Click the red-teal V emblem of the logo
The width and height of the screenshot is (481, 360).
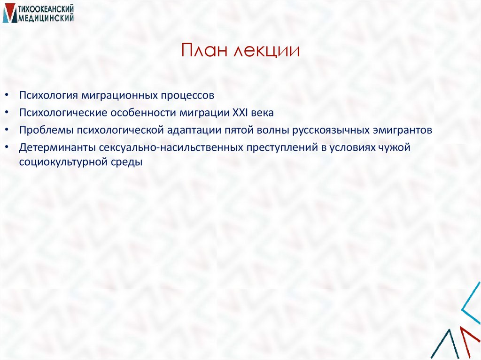click(x=9, y=14)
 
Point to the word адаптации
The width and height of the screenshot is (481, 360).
click(x=194, y=130)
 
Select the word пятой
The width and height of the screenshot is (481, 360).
click(x=241, y=130)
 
